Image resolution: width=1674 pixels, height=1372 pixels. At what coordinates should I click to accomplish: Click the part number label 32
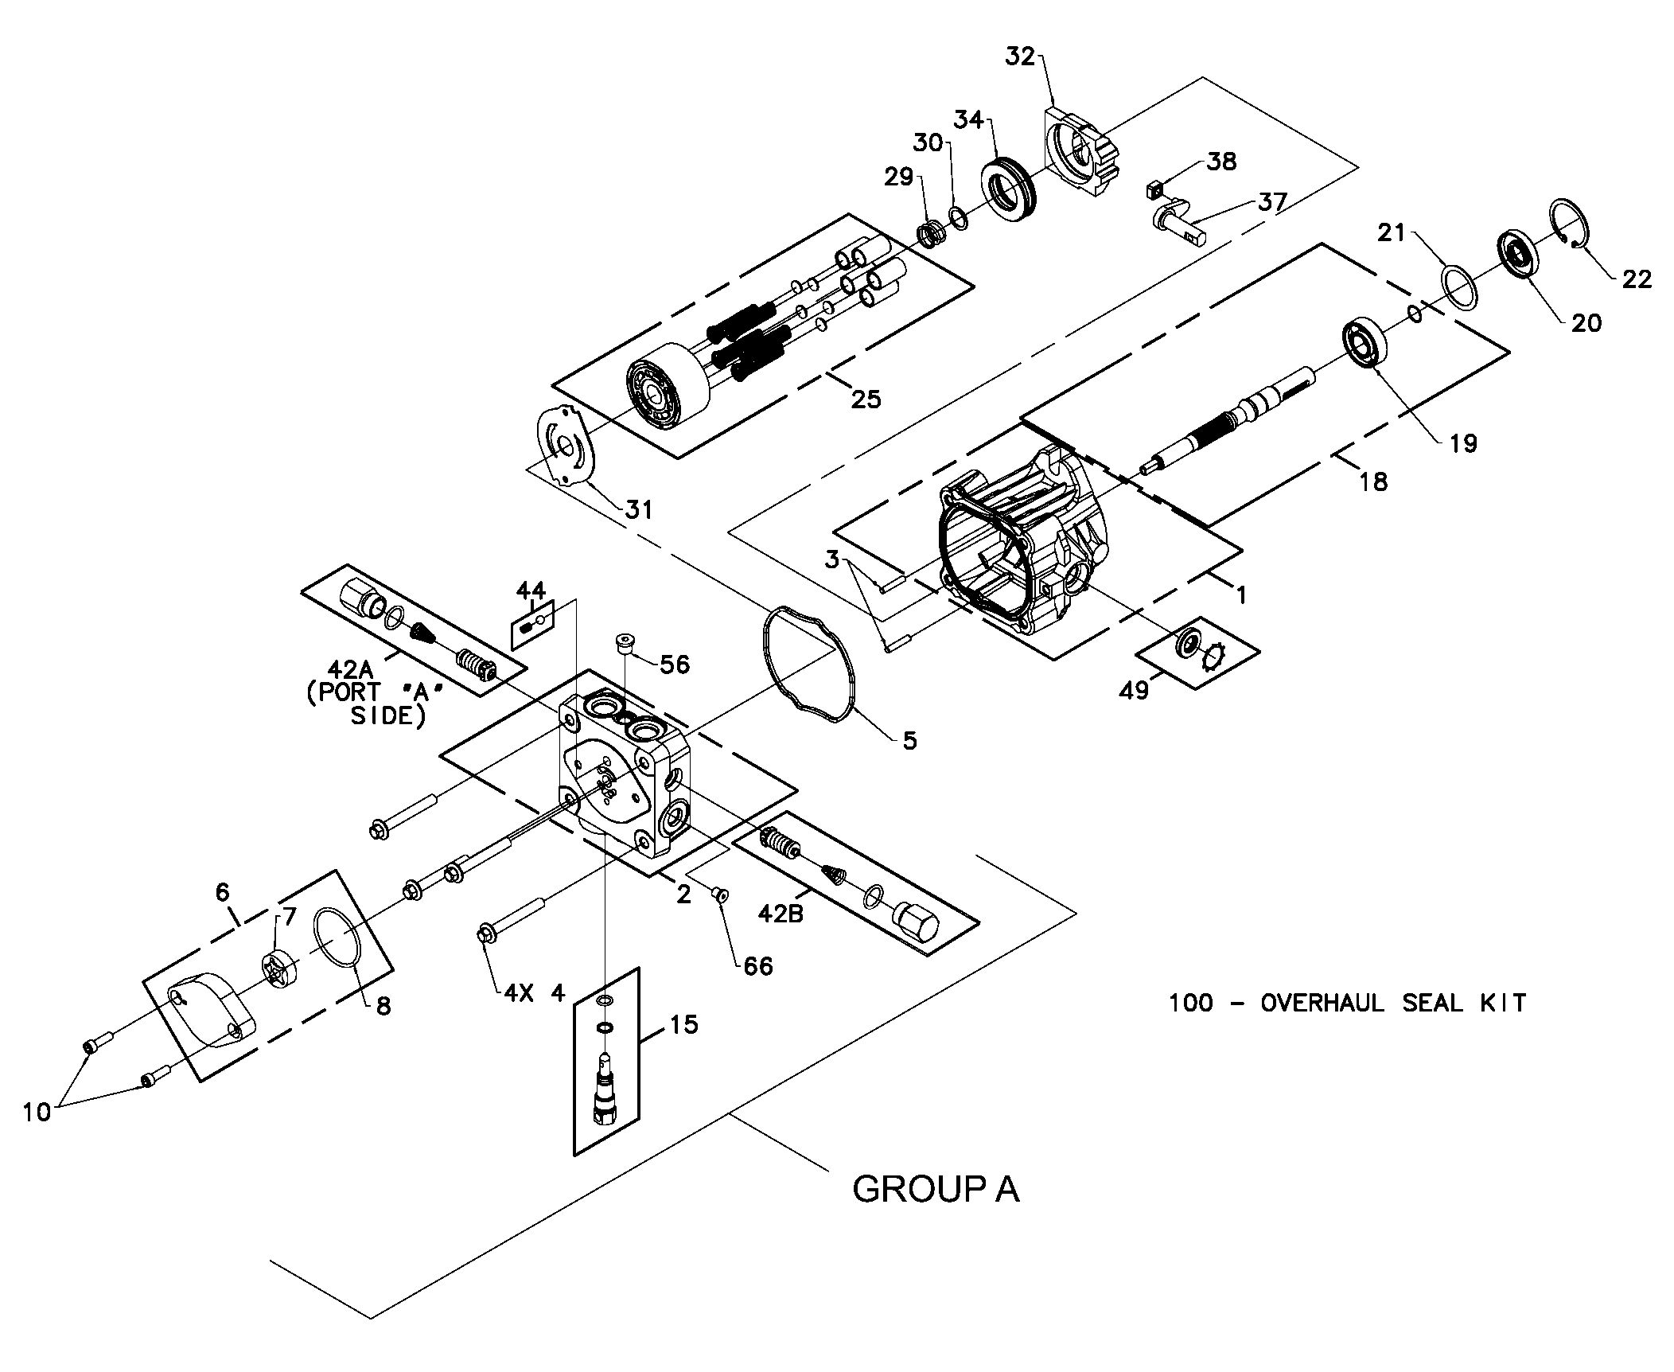[x=1020, y=57]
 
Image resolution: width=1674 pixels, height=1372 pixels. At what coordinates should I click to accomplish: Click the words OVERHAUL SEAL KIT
[x=1393, y=1003]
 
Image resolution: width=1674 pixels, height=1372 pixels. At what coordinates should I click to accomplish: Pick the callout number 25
[x=866, y=399]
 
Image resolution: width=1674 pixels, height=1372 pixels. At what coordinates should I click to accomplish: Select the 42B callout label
[x=781, y=914]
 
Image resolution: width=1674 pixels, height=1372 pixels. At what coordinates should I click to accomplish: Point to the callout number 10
[x=37, y=1111]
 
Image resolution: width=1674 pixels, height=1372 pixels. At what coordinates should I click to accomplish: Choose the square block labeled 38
[x=1156, y=189]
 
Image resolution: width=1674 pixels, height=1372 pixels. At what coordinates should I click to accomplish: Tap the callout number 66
[x=758, y=966]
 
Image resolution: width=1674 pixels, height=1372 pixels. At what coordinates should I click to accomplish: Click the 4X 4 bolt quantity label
[x=534, y=993]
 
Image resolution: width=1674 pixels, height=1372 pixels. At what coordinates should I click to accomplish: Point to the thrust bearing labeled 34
[x=1008, y=191]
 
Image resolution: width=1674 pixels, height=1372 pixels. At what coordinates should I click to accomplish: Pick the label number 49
[x=1134, y=690]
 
